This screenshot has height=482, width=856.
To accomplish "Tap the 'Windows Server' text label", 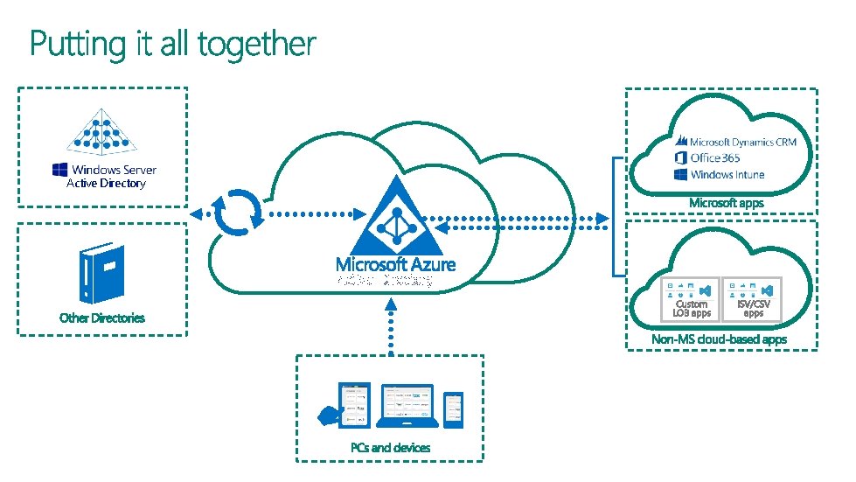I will coord(113,170).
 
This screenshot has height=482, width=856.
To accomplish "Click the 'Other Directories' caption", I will coord(102,318).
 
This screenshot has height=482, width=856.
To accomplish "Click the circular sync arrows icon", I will coord(238,213).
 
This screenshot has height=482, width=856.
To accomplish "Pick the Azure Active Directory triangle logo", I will coord(396,220).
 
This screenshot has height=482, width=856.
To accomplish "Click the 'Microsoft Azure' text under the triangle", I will coord(395,263).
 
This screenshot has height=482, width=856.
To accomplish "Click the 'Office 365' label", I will coord(713,157).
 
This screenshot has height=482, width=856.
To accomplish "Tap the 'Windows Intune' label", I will coord(727,174).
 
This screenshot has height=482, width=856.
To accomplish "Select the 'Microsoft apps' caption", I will coord(726,203).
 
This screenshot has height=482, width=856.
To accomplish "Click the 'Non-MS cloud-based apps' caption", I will coord(719,339).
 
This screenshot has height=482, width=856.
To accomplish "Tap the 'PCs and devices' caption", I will coord(390,447).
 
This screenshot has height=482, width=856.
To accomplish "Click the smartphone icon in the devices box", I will coord(453,409).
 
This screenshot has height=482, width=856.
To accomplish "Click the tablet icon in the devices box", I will coord(354,405).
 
